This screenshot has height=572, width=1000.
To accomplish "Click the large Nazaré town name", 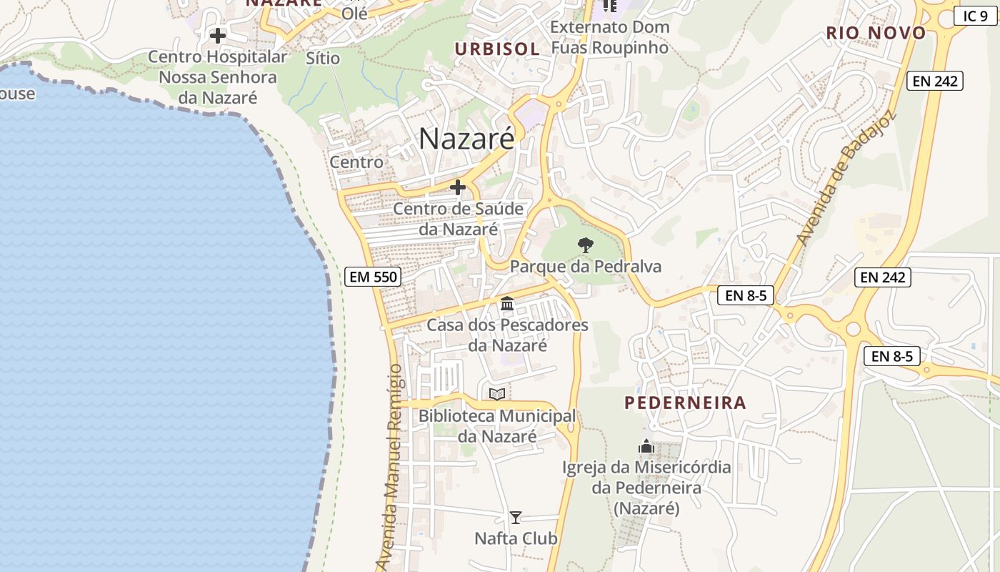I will [466, 139].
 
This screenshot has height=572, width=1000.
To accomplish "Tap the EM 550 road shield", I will [371, 277].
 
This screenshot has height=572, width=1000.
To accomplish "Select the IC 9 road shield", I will [975, 16].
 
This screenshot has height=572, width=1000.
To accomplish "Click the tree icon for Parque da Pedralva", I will [586, 245].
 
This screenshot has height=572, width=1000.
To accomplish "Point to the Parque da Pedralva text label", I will [586, 267].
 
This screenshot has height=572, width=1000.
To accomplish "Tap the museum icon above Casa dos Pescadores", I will [507, 304].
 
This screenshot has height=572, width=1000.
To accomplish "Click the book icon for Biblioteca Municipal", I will [497, 394].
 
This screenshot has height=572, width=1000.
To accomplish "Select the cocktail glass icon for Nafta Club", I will [516, 517].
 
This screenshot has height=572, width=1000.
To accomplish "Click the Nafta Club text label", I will [516, 538].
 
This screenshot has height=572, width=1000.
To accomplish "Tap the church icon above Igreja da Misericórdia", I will [646, 447].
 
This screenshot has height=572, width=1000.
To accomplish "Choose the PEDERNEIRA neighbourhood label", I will [686, 403].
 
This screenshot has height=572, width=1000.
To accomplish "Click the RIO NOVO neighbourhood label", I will [876, 33].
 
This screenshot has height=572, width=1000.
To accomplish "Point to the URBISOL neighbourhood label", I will [498, 49].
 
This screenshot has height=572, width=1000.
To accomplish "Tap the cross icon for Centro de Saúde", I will [458, 187].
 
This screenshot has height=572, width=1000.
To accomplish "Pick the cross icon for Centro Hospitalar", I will [218, 35].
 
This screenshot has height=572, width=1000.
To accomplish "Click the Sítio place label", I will [323, 58].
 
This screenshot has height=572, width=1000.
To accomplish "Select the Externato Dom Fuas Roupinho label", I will [610, 37].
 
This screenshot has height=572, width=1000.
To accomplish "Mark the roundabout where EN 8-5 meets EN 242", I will [853, 329].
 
